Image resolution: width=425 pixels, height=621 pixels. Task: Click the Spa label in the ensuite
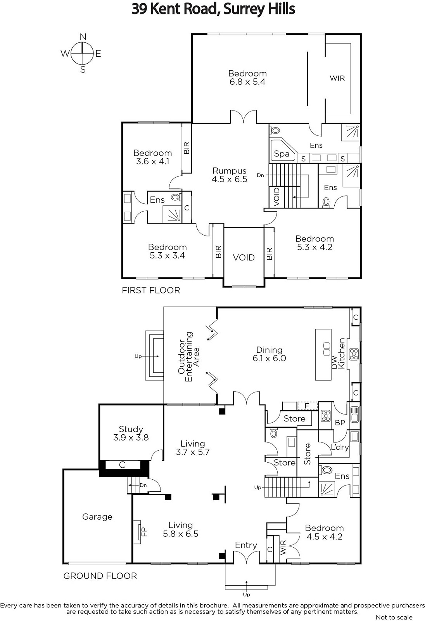click(x=282, y=154)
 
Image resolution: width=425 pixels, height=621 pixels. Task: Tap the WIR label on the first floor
click(x=337, y=78)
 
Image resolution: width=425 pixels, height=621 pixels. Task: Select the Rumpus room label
click(x=230, y=175)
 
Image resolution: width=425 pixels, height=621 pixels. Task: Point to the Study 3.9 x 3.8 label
click(x=131, y=433)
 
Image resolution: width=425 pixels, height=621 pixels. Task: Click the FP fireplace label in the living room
click(x=144, y=531)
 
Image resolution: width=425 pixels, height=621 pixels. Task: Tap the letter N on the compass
click(x=83, y=36)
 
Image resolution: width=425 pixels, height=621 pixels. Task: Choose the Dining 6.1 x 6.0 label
click(x=269, y=354)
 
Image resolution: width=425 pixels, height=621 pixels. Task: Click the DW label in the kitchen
click(x=334, y=363)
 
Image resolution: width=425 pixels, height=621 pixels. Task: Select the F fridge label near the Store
click(x=307, y=406)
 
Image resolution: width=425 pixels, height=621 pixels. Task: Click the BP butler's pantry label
click(x=340, y=423)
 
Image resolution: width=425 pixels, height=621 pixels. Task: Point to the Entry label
click(x=246, y=546)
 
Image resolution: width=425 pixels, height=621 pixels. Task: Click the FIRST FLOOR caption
click(x=151, y=290)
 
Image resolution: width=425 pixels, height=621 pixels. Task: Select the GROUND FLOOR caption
click(x=100, y=576)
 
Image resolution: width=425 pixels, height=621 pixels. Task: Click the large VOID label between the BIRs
click(x=244, y=258)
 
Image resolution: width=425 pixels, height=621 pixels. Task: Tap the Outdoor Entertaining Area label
click(x=189, y=357)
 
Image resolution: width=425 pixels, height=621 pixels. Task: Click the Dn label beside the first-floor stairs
click(x=261, y=175)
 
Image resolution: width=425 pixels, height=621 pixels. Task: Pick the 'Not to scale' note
click(x=394, y=618)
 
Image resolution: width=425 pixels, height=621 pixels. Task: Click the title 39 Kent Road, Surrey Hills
click(x=213, y=9)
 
